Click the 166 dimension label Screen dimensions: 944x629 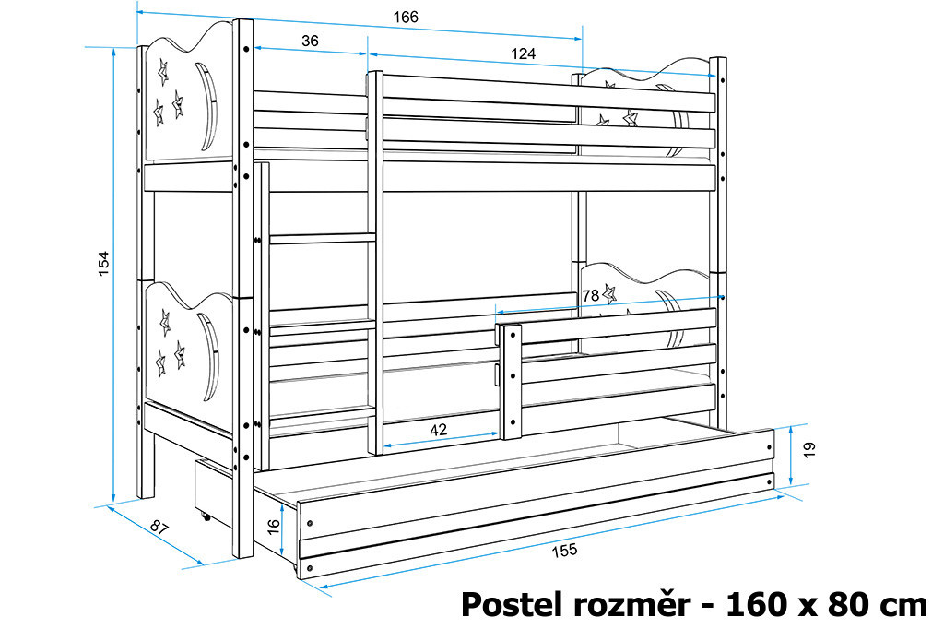pyautogui.click(x=406, y=17)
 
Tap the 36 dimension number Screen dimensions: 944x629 pyautogui.click(x=310, y=41)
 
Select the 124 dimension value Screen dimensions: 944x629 pyautogui.click(x=523, y=53)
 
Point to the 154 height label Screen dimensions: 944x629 pyautogui.click(x=103, y=263)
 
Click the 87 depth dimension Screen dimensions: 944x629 pyautogui.click(x=159, y=528)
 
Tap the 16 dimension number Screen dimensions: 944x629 pyautogui.click(x=273, y=527)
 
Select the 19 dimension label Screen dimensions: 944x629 pyautogui.click(x=808, y=449)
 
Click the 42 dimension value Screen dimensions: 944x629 pyautogui.click(x=438, y=429)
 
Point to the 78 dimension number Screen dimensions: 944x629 pyautogui.click(x=591, y=295)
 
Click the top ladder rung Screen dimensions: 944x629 pyautogui.click(x=319, y=239)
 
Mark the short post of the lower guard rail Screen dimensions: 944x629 pyautogui.click(x=511, y=382)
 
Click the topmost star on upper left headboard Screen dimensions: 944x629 pyautogui.click(x=162, y=73)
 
